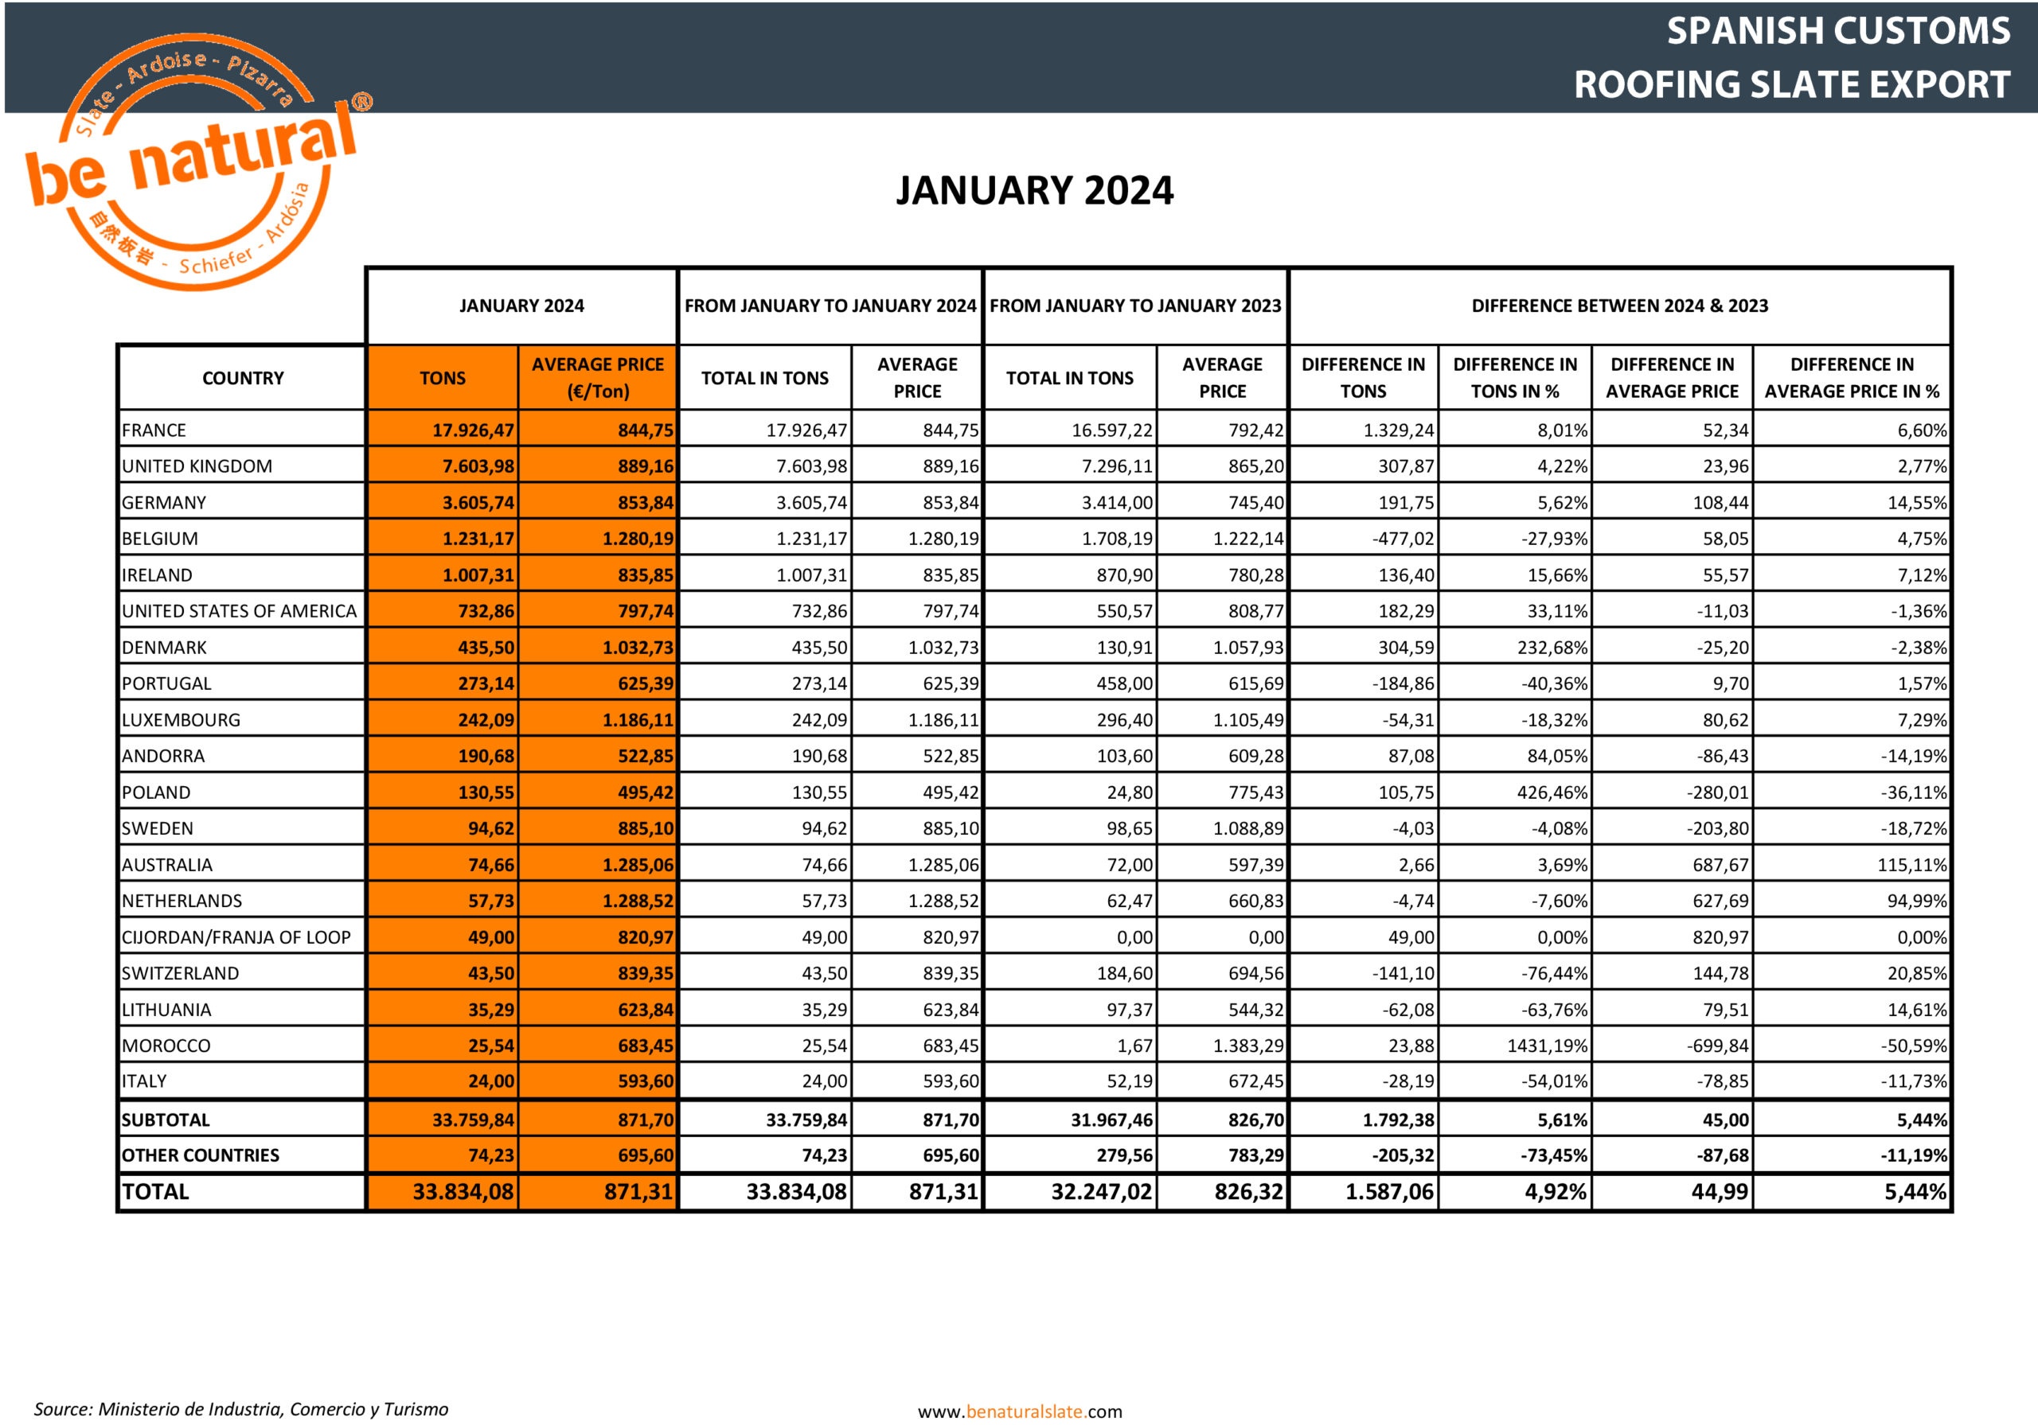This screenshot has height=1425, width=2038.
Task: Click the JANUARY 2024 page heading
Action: (x=1034, y=191)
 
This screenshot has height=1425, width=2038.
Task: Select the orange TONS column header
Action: (x=442, y=378)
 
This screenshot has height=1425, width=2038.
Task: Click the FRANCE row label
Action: (x=154, y=430)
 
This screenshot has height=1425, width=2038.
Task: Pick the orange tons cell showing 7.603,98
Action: (x=478, y=465)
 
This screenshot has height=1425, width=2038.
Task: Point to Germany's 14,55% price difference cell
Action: (x=1916, y=502)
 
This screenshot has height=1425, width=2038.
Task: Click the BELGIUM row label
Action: (x=160, y=539)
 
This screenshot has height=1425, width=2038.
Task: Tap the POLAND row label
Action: (x=156, y=792)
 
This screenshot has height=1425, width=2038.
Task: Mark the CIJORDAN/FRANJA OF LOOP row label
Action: (x=236, y=937)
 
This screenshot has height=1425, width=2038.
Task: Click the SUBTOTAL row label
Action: (x=166, y=1119)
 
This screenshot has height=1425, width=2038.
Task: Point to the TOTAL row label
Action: (x=155, y=1192)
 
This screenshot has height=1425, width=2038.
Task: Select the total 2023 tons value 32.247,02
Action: (x=1102, y=1192)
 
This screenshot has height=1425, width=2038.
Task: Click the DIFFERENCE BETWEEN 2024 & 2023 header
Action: (x=1619, y=306)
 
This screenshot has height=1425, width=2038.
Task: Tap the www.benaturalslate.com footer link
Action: (x=1020, y=1411)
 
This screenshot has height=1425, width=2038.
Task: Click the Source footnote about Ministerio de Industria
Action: (x=240, y=1409)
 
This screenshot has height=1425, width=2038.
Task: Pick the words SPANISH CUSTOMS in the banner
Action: (x=1837, y=31)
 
